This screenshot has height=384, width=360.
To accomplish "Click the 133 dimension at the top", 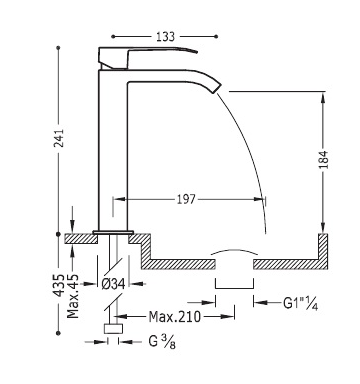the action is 165,36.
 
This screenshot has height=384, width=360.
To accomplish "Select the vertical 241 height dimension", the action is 59,138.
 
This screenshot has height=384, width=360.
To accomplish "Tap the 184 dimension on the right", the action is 323,159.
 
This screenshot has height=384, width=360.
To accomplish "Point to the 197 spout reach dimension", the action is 186,199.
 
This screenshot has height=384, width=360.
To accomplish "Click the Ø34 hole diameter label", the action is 113,284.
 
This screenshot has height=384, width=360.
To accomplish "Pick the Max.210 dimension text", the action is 175,316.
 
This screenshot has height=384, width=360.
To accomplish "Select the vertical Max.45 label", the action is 73,296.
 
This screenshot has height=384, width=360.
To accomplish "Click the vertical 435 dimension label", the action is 59,285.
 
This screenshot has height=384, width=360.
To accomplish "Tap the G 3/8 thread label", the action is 162,341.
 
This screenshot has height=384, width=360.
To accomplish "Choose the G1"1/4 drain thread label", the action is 300,303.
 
